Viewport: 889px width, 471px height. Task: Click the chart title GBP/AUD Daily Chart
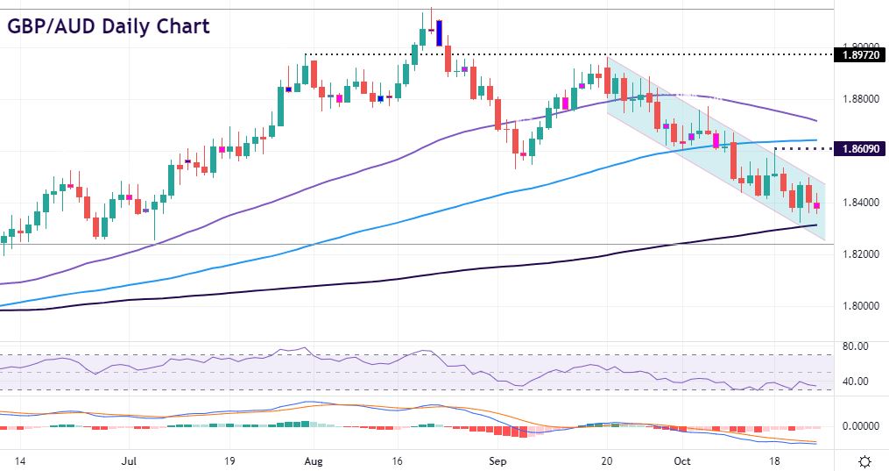109,25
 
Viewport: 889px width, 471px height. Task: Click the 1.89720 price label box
861,55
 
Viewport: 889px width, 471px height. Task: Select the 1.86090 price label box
861,149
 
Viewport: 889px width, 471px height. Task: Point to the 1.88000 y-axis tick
859,99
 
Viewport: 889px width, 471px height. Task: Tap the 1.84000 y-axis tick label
859,203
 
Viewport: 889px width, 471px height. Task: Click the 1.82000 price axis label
859,254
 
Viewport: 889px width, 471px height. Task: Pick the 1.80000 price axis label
859,306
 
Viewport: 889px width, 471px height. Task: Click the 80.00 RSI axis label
854,346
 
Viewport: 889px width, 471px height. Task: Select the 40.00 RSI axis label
854,382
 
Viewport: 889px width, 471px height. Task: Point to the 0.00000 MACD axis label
857,426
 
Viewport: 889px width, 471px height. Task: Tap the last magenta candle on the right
817,206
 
